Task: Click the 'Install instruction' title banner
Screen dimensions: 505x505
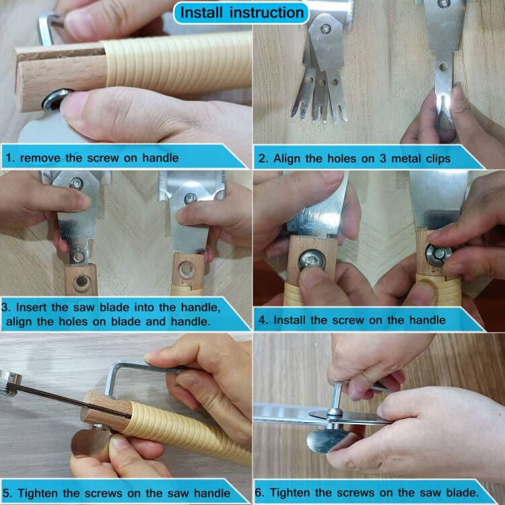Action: point(241,13)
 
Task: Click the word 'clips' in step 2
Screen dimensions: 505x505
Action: point(438,159)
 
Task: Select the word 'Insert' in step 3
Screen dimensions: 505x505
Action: point(32,307)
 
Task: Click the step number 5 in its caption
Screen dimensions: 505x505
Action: point(7,493)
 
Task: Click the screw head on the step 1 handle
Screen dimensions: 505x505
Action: point(55,99)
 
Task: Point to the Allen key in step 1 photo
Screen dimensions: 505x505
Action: point(48,28)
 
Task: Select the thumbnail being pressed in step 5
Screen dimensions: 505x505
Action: point(120,443)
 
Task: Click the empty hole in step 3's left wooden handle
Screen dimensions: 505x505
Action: point(81,282)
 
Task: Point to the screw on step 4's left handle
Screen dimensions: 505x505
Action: point(312,260)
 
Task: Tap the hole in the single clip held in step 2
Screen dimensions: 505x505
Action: point(443,67)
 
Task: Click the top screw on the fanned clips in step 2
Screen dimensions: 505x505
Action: point(326,29)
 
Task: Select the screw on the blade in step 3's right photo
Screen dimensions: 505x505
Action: point(191,199)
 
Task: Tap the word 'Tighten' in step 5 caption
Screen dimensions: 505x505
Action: point(38,493)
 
